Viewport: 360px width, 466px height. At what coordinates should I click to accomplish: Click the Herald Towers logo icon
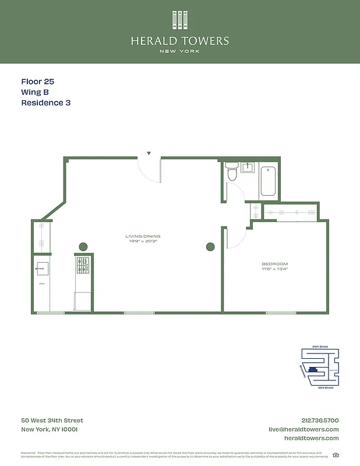click(180, 20)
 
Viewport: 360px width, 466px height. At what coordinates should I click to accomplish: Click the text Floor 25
click(37, 82)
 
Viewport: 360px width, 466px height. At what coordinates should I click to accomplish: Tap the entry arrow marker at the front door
click(149, 153)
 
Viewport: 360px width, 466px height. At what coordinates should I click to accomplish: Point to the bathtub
click(269, 181)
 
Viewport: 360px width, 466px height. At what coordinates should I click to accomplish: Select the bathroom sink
click(248, 168)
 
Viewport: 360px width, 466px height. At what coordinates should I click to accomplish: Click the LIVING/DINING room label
click(142, 236)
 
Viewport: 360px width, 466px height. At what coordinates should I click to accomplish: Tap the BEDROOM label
click(274, 264)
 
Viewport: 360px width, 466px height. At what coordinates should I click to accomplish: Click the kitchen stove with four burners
click(83, 265)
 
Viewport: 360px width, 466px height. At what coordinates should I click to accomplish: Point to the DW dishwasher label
click(42, 284)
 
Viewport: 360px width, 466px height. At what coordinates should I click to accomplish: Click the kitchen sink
click(42, 268)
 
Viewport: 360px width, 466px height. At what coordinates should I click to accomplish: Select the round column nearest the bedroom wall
click(210, 246)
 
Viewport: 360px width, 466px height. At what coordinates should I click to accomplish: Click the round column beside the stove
click(83, 246)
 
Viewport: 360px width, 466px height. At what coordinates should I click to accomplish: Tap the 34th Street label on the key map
click(320, 346)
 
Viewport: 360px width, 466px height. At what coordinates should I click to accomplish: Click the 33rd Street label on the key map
click(325, 387)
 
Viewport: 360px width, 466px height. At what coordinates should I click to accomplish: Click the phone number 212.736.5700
click(320, 421)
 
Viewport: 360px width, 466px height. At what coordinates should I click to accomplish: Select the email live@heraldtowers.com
click(303, 429)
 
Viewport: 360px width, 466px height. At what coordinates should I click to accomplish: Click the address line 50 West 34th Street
click(52, 421)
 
